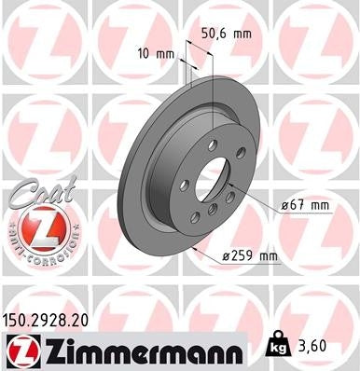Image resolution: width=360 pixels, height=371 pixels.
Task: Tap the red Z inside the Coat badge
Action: point(35,227)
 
